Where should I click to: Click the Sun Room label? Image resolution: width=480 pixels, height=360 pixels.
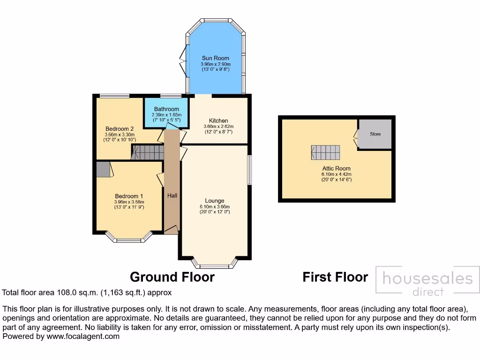coord(215,58)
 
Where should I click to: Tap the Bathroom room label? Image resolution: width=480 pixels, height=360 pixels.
coord(166,109)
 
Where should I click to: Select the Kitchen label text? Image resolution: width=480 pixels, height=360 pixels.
coord(218,120)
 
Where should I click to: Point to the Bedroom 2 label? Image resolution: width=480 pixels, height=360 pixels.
coord(116,129)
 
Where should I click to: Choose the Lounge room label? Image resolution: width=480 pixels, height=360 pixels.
coord(215,201)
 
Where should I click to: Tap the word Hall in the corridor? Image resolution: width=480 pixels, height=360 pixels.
coord(172,195)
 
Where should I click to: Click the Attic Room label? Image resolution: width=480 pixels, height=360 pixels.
coord(336,168)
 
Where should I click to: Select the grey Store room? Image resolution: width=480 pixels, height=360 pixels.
coord(375,134)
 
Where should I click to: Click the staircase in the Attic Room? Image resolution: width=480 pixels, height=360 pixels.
coord(325,152)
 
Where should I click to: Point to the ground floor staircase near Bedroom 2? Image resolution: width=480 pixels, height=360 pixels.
coord(147,152)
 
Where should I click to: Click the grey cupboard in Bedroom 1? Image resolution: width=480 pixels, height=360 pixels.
coord(103,169)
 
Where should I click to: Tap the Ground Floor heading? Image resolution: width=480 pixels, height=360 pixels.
coord(172,277)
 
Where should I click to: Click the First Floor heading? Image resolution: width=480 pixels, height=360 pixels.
coord(335,277)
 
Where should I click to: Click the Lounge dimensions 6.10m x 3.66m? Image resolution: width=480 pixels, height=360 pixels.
coord(215,207)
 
